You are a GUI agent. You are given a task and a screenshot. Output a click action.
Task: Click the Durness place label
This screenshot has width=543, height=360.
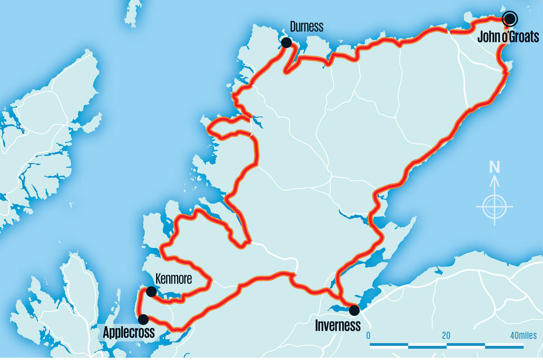click(x=307, y=27)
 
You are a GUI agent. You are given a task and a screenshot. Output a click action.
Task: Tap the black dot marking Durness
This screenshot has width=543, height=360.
click(x=286, y=43)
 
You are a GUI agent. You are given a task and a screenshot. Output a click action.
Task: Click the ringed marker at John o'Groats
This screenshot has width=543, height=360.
click(x=510, y=19)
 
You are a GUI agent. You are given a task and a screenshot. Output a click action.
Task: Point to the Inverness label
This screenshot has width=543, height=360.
click(x=338, y=325)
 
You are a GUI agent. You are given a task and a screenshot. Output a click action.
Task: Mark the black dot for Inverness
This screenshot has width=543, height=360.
click(x=354, y=310)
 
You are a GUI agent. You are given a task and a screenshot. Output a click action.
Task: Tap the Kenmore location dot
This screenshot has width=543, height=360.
click(x=152, y=291)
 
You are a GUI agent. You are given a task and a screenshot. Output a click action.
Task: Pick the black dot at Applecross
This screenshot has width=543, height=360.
click(x=143, y=319)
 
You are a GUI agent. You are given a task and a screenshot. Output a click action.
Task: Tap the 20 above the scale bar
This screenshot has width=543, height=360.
click(x=446, y=336)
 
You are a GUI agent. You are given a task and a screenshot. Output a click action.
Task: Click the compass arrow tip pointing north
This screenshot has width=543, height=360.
click(x=495, y=177)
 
